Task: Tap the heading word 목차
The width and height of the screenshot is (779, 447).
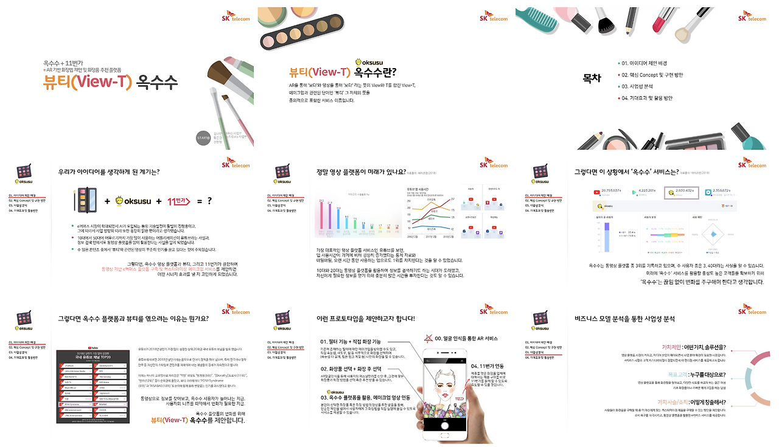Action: pyautogui.click(x=592, y=78)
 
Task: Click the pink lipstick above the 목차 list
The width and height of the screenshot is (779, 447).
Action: pyautogui.click(x=661, y=21)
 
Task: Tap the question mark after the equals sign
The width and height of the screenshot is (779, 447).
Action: pyautogui.click(x=209, y=201)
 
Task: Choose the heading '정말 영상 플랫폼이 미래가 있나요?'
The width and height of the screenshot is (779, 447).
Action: pyautogui.click(x=361, y=172)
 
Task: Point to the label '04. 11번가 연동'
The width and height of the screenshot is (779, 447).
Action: pyautogui.click(x=488, y=366)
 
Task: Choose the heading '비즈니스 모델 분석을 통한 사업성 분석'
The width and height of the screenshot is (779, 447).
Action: pyautogui.click(x=624, y=318)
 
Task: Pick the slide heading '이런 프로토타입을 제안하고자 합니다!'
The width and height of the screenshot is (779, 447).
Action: pyautogui.click(x=366, y=318)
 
